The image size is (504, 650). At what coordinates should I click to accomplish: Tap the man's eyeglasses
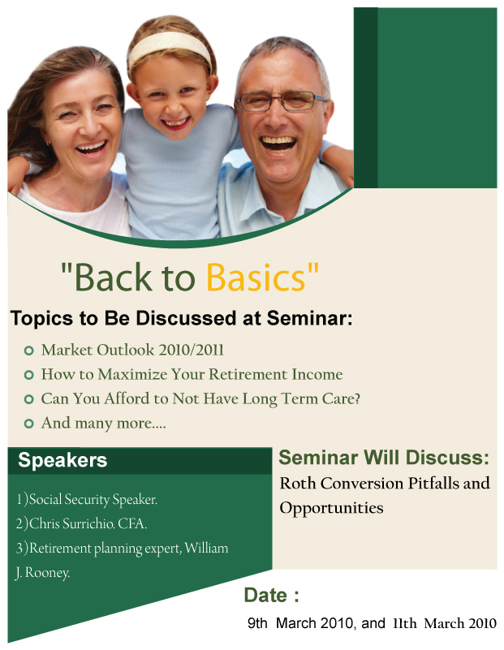click(x=281, y=101)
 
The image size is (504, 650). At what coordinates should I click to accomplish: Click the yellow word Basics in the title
click(x=256, y=277)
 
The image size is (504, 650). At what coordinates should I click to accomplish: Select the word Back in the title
click(x=114, y=277)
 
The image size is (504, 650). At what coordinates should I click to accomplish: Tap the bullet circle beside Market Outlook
click(x=28, y=351)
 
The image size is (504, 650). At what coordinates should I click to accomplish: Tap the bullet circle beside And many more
click(x=28, y=424)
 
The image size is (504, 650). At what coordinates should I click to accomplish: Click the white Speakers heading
click(x=62, y=460)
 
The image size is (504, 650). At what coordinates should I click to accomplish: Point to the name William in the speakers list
click(x=206, y=548)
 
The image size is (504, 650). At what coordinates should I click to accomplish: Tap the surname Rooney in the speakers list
click(x=47, y=572)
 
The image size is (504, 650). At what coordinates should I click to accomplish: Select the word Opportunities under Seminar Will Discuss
click(x=331, y=508)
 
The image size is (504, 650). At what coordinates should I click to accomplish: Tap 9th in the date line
click(x=257, y=623)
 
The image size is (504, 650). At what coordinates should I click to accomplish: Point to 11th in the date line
click(x=405, y=623)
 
